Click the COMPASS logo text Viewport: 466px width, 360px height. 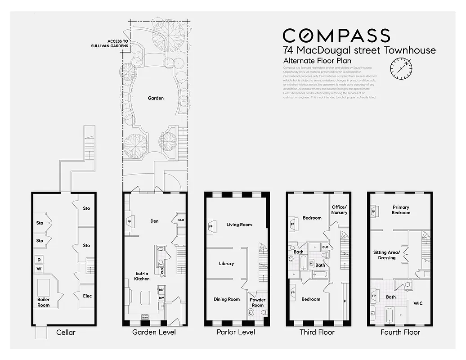pyautogui.click(x=336, y=36)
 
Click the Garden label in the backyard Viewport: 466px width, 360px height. pyautogui.click(x=156, y=98)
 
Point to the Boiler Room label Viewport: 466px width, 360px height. pyautogui.click(x=44, y=302)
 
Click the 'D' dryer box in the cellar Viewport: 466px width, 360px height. pyautogui.click(x=39, y=260)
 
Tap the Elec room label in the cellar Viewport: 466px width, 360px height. pyautogui.click(x=87, y=296)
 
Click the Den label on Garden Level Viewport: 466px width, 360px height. pyautogui.click(x=155, y=221)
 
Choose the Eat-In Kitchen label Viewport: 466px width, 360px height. pyautogui.click(x=142, y=276)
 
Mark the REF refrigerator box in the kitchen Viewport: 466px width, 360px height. pyautogui.click(x=161, y=290)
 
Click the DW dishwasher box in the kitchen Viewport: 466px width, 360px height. pyautogui.click(x=161, y=298)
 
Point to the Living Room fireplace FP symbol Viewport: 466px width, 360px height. pyautogui.click(x=211, y=226)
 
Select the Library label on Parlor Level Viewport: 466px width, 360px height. pyautogui.click(x=226, y=264)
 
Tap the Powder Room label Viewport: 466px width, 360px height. pyautogui.click(x=257, y=302)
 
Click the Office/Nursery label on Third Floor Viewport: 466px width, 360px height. pyautogui.click(x=339, y=210)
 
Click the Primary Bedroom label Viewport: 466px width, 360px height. pyautogui.click(x=401, y=210)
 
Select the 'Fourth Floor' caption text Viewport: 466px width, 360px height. pyautogui.click(x=400, y=332)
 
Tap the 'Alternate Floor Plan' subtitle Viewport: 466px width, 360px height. pyautogui.click(x=317, y=61)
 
